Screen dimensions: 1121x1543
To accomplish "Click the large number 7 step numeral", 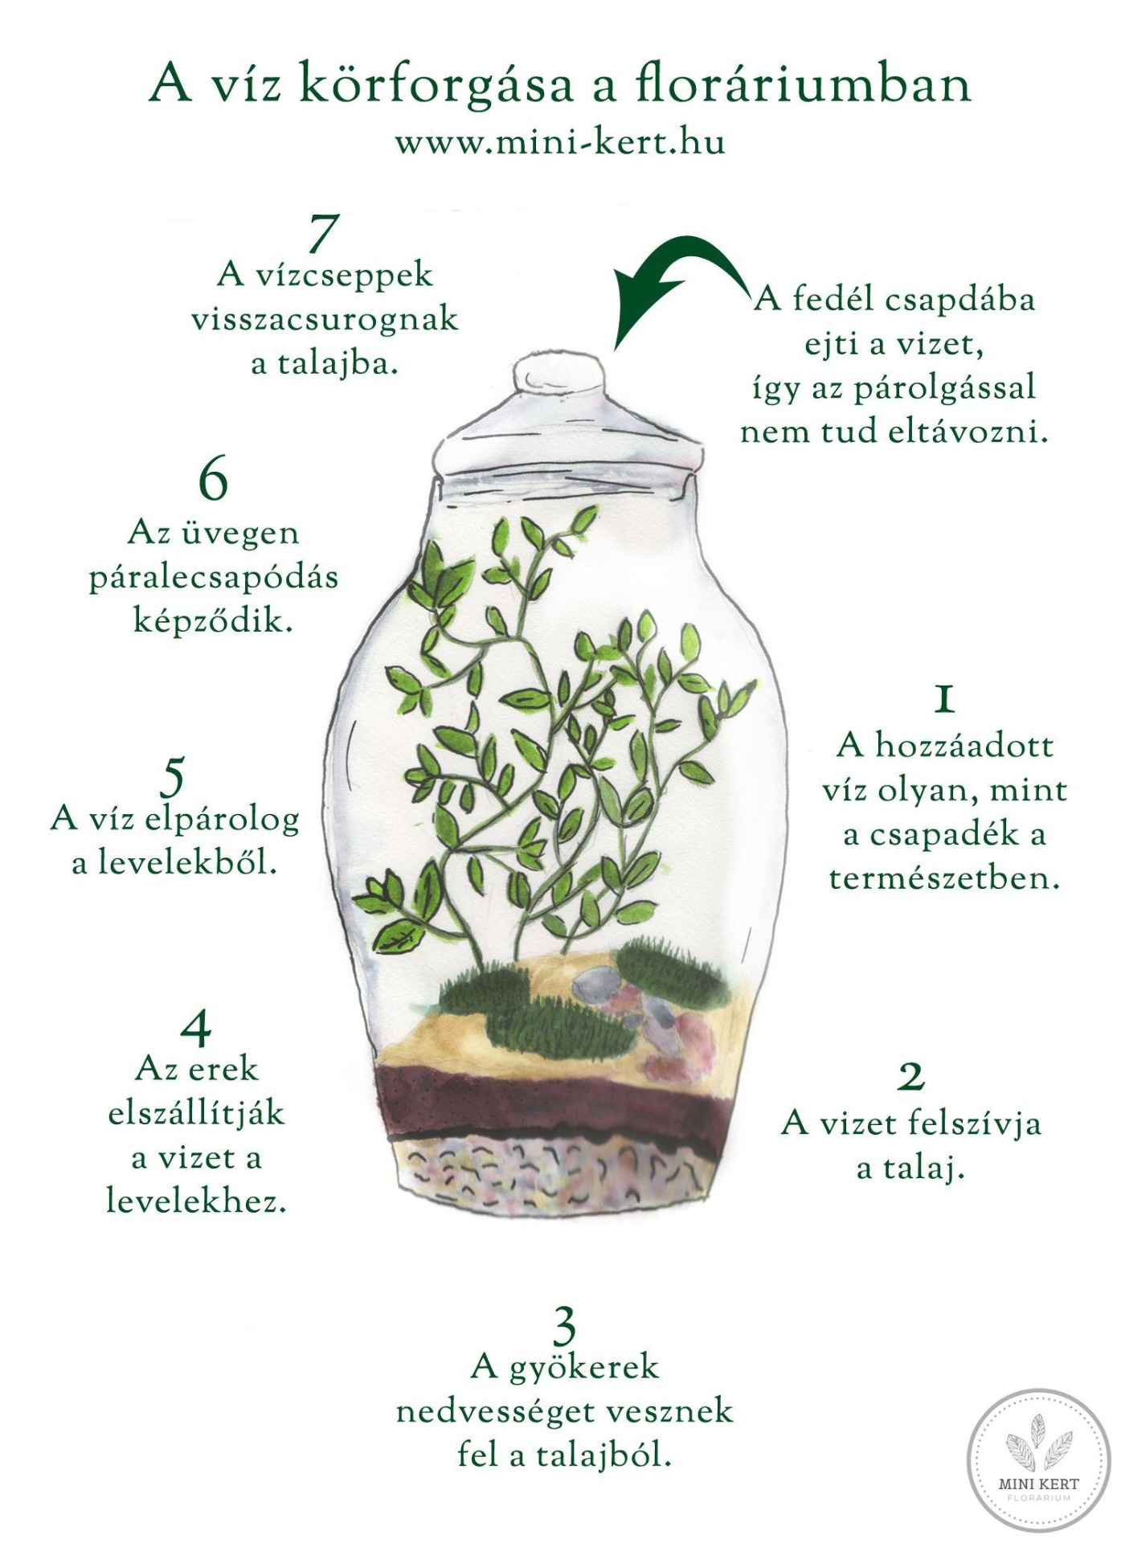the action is (322, 234).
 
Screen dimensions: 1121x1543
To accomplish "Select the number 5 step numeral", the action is (173, 776).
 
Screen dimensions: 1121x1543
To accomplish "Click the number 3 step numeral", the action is (565, 1328).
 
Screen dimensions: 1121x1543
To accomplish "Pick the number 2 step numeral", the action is (910, 1076).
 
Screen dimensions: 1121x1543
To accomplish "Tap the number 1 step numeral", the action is (945, 699).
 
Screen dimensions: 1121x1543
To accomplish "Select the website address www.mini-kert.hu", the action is (560, 143).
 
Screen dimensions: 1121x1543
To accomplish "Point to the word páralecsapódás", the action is (214, 579).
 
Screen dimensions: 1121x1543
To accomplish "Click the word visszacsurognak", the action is (325, 319).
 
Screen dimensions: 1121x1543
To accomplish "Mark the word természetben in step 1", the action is (945, 878).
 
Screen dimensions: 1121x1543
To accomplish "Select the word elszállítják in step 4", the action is (197, 1115).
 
